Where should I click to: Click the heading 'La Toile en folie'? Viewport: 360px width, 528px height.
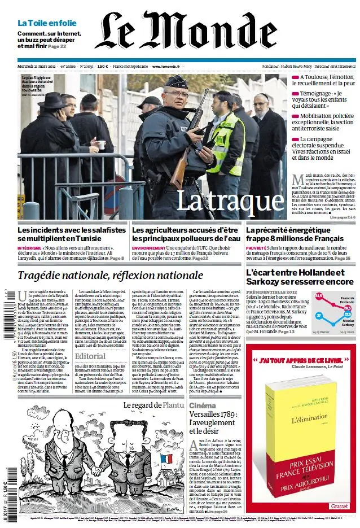point(47,23)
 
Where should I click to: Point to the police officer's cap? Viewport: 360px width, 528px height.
point(176,82)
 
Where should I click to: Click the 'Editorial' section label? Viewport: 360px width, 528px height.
point(90,356)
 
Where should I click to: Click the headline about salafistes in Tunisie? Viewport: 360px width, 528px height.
point(72,234)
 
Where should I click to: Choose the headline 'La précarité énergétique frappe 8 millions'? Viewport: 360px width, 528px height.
point(295,234)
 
